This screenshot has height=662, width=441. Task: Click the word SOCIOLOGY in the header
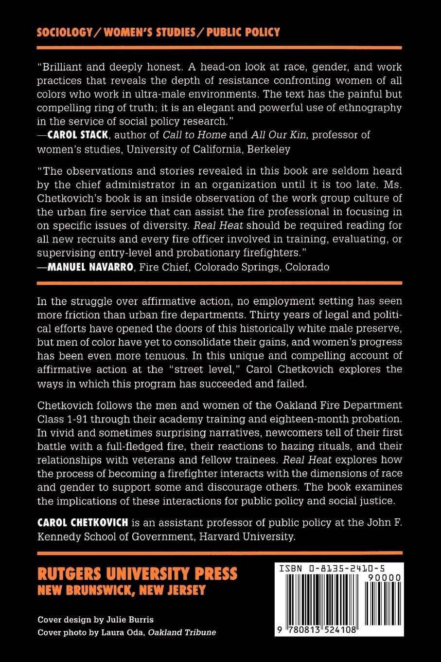coord(65,32)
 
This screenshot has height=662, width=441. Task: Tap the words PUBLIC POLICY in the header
coord(243,32)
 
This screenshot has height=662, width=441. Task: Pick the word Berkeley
coord(269,149)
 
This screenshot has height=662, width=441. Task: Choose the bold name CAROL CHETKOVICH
coord(83,523)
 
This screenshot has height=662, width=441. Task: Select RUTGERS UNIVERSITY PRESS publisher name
coord(138,573)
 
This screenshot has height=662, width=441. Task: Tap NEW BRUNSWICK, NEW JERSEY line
coord(122,590)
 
